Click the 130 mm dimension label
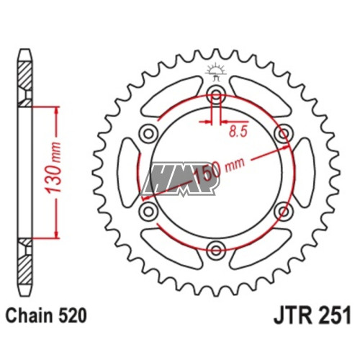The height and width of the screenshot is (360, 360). click(x=53, y=168)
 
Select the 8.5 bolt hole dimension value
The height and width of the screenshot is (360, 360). click(x=238, y=132)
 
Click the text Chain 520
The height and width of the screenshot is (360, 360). click(x=46, y=316)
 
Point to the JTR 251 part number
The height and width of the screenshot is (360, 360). click(x=312, y=315)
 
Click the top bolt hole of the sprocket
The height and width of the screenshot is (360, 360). click(x=216, y=94)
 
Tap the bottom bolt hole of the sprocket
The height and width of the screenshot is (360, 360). click(x=216, y=251)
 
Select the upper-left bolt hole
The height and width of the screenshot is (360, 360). click(x=148, y=133)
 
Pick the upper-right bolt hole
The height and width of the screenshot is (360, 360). click(x=284, y=133)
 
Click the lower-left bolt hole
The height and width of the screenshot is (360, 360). click(x=148, y=212)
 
